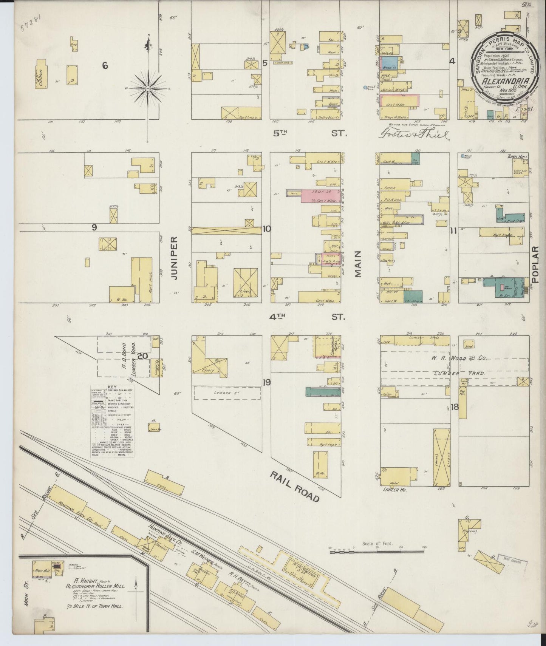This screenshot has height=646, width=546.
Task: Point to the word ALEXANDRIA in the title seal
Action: (505, 81)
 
